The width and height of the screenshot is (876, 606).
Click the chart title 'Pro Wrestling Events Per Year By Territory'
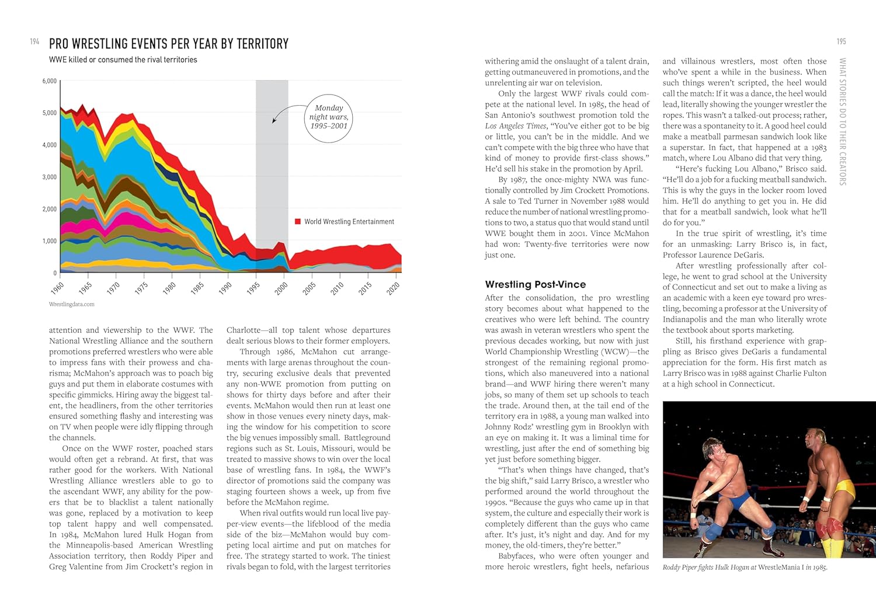pyautogui.click(x=169, y=44)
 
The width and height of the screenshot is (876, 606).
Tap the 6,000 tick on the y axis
pyautogui.click(x=50, y=81)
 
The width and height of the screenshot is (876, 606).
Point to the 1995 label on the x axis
pyautogui.click(x=253, y=288)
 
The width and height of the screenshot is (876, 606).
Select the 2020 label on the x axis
pyautogui.click(x=393, y=288)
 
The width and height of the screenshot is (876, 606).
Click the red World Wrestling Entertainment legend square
pyautogui.click(x=298, y=222)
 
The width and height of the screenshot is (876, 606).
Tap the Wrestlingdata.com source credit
pyautogui.click(x=72, y=304)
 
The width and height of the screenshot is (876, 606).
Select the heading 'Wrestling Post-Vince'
pyautogui.click(x=535, y=284)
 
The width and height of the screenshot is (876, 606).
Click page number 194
pyautogui.click(x=34, y=41)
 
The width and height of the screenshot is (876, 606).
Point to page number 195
pyautogui.click(x=841, y=41)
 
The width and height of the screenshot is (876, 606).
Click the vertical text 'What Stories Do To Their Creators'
pyautogui.click(x=842, y=121)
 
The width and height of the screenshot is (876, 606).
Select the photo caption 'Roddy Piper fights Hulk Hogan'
pyautogui.click(x=745, y=567)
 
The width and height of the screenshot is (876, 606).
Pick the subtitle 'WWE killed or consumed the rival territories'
pyautogui.click(x=123, y=60)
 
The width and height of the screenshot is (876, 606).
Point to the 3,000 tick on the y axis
pyautogui.click(x=50, y=177)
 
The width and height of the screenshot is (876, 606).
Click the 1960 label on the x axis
pyautogui.click(x=57, y=288)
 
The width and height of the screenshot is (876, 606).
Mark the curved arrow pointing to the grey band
pyautogui.click(x=286, y=112)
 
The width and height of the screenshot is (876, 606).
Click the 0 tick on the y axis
pyautogui.click(x=55, y=273)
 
